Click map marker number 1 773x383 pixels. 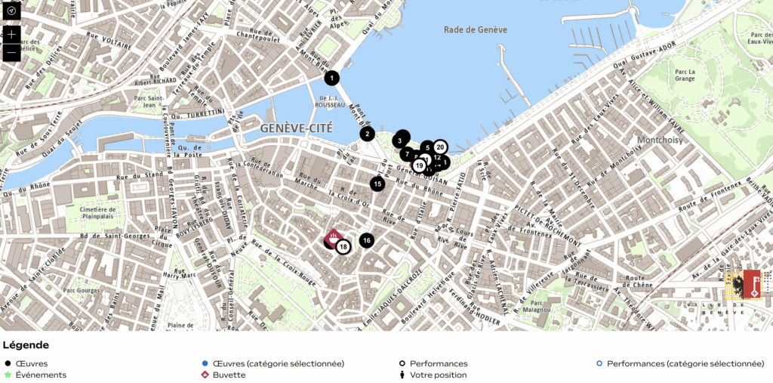pos(331,77)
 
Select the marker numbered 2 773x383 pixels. pos(367,134)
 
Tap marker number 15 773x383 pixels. pos(377,184)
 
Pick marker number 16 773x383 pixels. pos(366,240)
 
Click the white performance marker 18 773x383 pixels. pos(343,246)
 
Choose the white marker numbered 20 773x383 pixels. pos(440,147)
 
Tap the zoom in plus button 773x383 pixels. pos(11,34)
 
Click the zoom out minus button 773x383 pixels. pos(11,53)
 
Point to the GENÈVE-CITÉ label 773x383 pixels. pos(296,128)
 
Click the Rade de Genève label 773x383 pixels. pos(475,29)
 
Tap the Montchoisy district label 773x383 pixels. pos(660,140)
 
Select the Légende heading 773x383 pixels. pos(26,345)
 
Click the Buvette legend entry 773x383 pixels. pos(229,375)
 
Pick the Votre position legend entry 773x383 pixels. pos(438,375)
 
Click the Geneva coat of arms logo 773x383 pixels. pos(742,285)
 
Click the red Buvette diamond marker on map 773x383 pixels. pos(332,236)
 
